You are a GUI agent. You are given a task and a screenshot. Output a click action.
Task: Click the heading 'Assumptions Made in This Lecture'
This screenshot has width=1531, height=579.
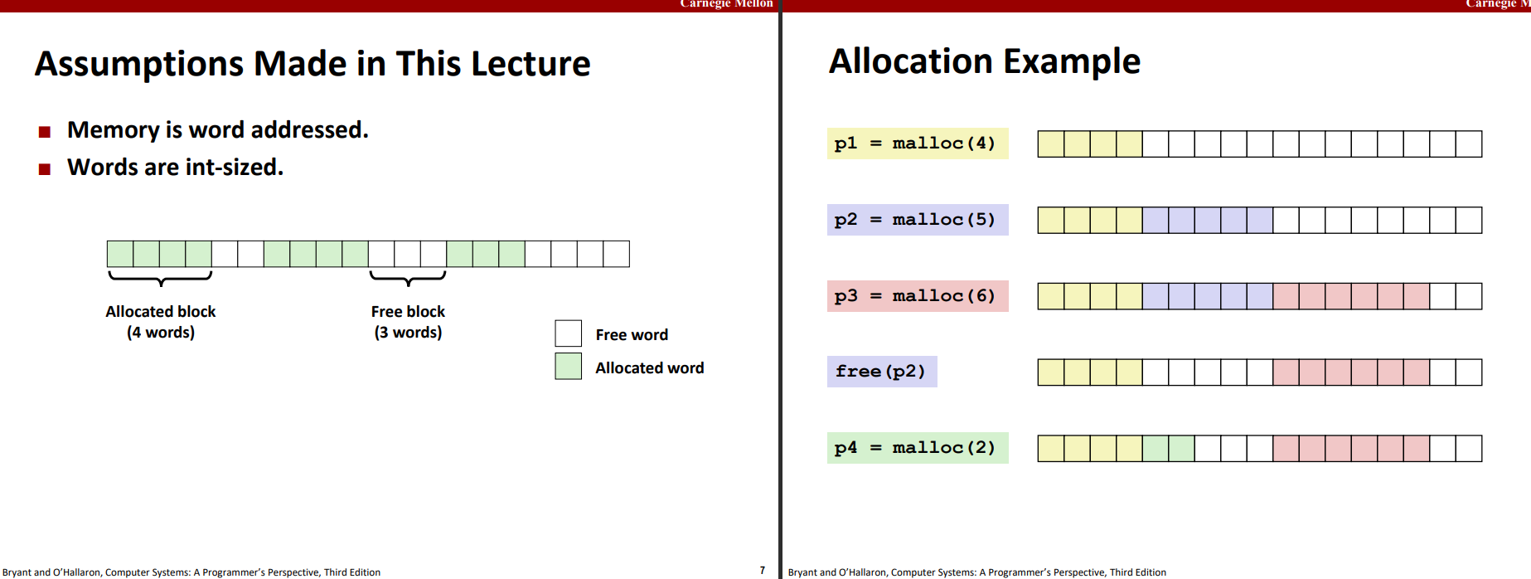coord(312,64)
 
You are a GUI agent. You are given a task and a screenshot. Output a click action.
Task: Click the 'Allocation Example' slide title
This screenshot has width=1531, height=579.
coord(985,61)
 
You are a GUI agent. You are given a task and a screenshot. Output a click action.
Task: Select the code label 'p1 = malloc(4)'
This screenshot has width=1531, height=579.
coord(918,144)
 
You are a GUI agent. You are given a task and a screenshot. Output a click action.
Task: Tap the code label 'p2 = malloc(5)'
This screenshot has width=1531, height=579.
coord(918,220)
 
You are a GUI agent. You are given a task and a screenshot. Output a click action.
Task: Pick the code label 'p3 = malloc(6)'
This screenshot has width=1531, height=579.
coord(918,296)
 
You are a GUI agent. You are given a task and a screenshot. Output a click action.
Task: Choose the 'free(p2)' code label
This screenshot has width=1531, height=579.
coord(882,372)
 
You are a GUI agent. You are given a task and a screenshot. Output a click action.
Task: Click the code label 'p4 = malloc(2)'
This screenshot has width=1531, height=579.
coord(918,448)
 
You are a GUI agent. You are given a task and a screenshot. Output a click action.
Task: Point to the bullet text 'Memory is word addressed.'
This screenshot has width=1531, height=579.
coord(218,130)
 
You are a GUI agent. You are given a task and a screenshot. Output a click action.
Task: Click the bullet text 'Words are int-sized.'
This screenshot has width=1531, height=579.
coord(175,168)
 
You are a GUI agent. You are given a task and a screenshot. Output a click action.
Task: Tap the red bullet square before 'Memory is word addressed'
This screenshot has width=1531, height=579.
coord(45,132)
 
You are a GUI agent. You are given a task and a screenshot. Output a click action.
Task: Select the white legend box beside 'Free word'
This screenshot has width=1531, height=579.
coord(569,333)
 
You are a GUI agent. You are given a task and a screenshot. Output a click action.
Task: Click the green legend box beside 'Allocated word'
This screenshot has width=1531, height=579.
coord(569,367)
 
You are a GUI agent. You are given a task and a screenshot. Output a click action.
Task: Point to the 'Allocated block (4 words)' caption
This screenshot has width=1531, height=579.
coord(161,322)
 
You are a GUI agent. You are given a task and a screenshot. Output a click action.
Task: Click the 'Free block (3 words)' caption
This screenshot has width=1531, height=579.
coord(408,322)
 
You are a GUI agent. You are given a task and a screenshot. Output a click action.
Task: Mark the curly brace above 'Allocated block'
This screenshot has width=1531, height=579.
coord(161,280)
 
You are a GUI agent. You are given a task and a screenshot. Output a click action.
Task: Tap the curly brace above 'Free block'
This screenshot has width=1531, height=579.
coord(408,280)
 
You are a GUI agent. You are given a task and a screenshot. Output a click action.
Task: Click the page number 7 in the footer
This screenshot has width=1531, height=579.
coord(763,571)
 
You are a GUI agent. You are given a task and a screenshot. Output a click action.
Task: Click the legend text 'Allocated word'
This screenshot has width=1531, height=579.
coord(650,367)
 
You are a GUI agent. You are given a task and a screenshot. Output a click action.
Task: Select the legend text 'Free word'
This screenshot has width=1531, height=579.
coord(632,334)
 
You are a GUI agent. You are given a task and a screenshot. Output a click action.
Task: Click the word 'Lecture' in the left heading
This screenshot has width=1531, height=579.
coord(531,64)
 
